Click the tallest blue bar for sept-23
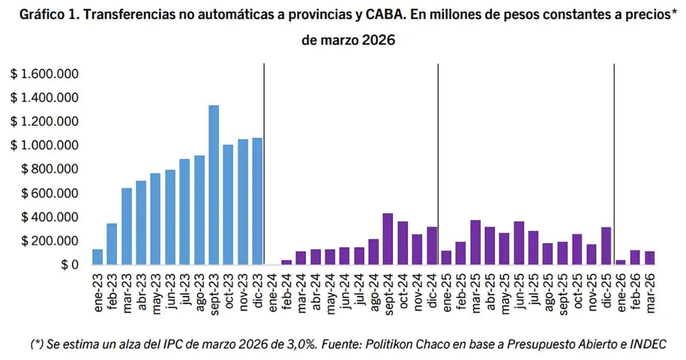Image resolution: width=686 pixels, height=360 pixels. (214, 185)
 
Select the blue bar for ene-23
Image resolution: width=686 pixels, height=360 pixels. (97, 257)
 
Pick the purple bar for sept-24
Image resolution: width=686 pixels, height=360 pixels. (388, 239)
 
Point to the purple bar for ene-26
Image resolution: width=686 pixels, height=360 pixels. (621, 262)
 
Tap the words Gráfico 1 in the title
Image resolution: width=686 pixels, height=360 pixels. (46, 15)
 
